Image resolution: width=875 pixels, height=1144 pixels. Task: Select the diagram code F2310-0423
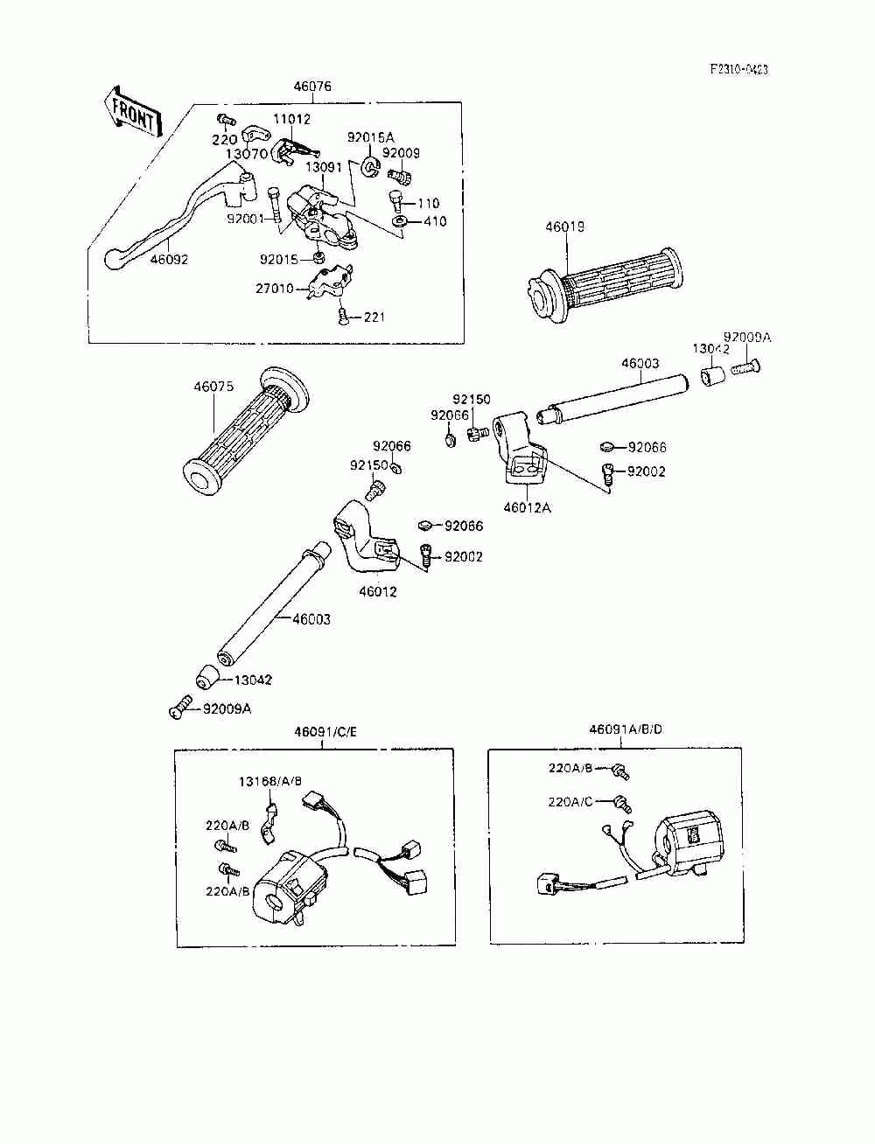tap(738, 70)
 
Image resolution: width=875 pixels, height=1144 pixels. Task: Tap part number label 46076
tap(312, 87)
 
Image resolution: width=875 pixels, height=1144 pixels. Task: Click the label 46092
tap(168, 259)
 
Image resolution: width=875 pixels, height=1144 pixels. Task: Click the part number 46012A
tap(527, 506)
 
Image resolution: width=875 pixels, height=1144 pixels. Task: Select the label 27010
tap(274, 288)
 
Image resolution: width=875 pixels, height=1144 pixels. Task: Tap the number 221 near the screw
tap(374, 317)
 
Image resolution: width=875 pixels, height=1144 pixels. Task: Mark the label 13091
tap(324, 166)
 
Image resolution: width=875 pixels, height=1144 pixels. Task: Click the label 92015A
tap(371, 137)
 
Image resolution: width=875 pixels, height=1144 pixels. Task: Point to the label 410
tap(435, 221)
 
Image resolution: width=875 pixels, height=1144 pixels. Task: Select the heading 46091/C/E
tap(321, 730)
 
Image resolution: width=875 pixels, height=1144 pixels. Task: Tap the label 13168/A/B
tap(271, 781)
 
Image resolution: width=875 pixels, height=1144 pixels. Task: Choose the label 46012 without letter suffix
tap(378, 591)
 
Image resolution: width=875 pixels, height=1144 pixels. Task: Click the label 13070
tap(246, 153)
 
